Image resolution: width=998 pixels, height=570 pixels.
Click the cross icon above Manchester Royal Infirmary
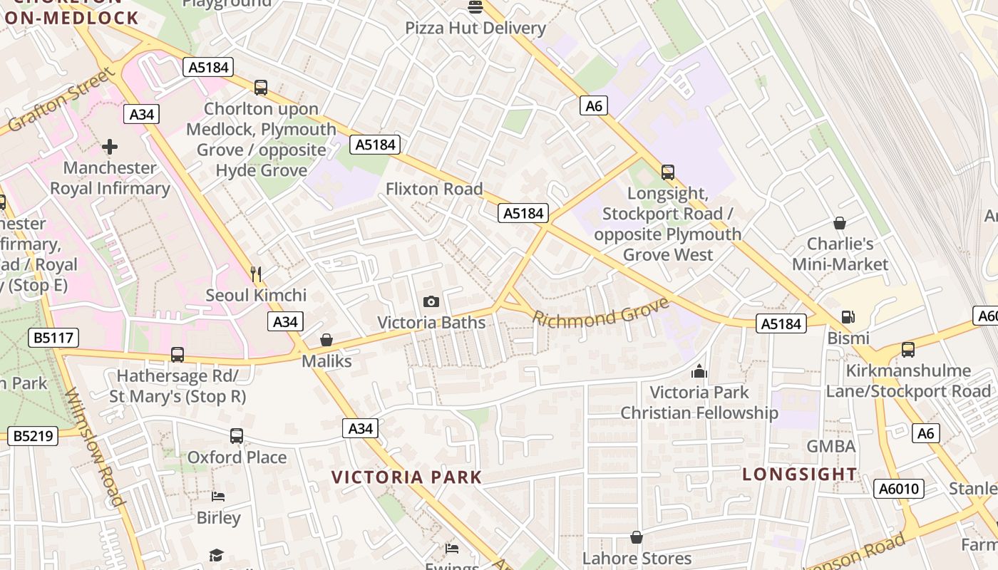click(110, 147)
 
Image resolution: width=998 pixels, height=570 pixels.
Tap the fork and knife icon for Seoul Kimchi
click(256, 273)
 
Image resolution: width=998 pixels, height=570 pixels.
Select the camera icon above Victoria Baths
click(431, 301)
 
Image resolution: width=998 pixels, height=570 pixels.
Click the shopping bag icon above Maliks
click(326, 340)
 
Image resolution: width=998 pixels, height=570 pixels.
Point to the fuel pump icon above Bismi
click(848, 317)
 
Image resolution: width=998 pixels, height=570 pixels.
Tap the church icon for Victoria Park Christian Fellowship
click(699, 371)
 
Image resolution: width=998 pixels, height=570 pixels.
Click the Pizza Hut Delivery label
click(475, 28)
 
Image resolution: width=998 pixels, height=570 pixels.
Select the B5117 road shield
click(54, 338)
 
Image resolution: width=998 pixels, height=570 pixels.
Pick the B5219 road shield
click(33, 435)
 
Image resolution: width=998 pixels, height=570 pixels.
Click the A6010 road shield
click(899, 489)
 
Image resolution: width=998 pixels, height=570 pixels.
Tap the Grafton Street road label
click(61, 100)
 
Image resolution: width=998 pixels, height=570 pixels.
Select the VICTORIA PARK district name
click(407, 477)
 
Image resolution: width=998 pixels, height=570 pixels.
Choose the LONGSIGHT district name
click(800, 475)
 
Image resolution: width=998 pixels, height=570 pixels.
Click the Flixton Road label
click(434, 190)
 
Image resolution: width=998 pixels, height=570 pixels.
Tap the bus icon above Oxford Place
click(237, 436)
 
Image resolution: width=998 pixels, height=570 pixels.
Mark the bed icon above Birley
click(218, 497)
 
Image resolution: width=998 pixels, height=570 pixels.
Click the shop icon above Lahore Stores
click(637, 537)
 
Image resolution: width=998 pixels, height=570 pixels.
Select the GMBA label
click(830, 447)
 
